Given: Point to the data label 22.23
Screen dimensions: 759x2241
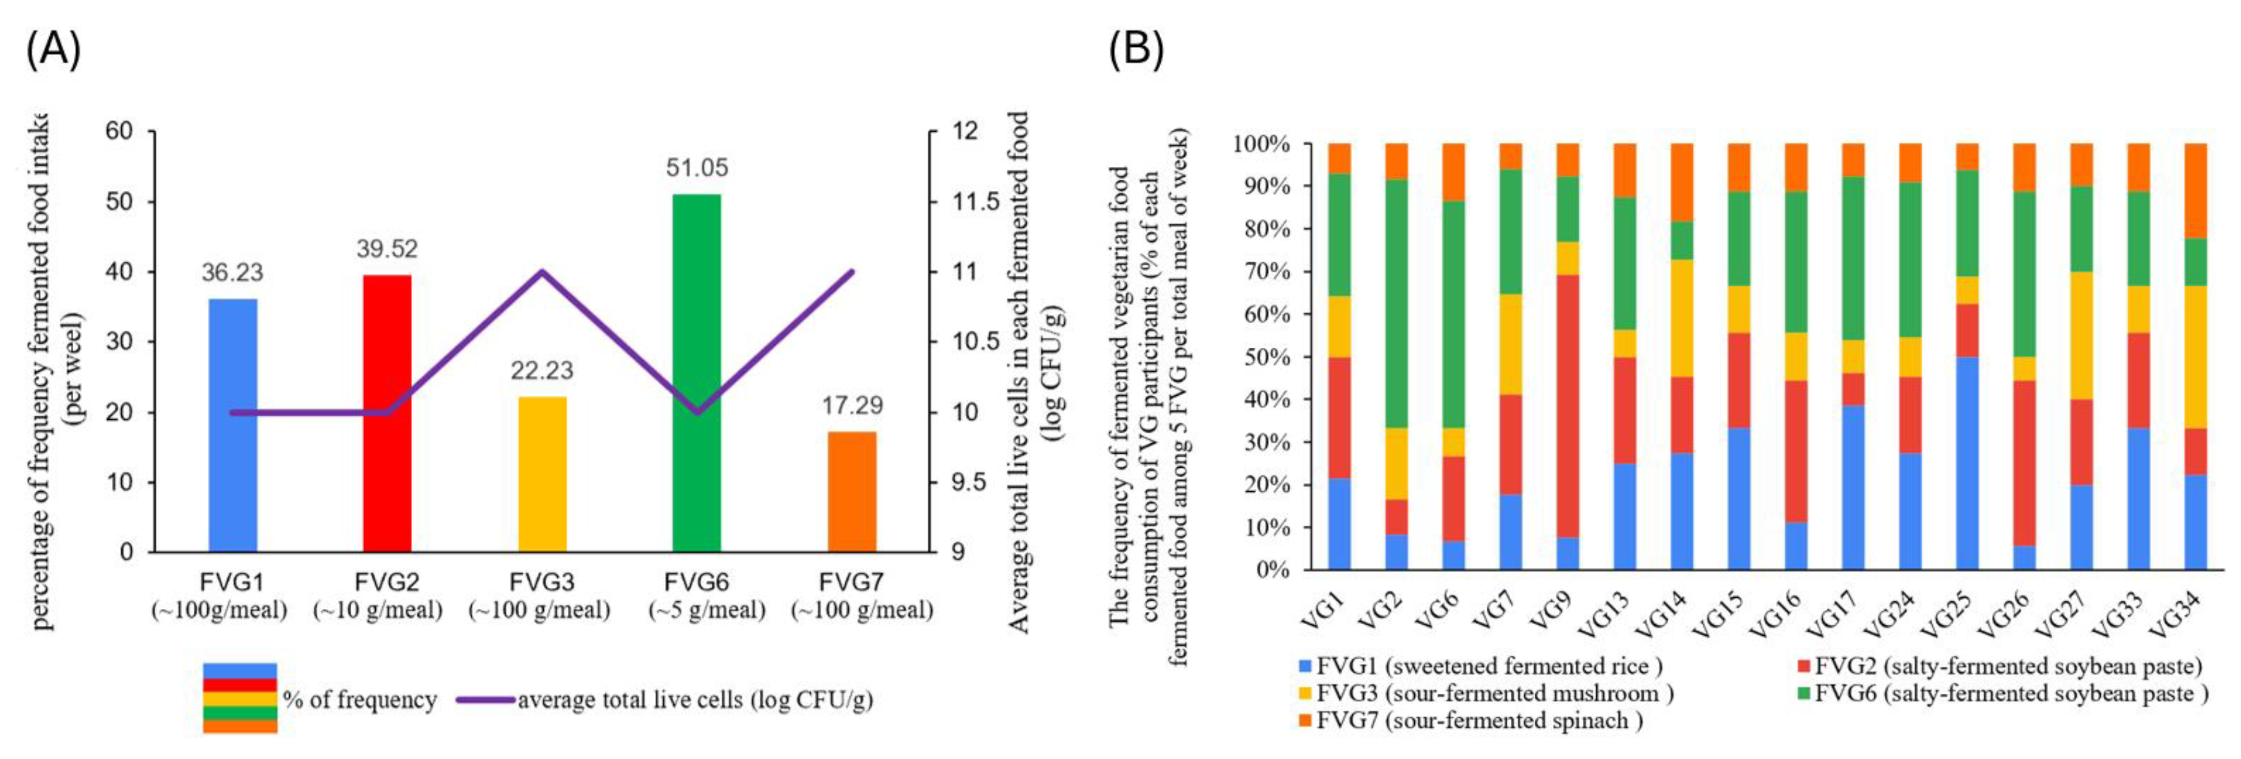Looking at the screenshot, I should click(x=541, y=371).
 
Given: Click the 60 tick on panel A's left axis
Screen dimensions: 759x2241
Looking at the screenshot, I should click(x=119, y=132).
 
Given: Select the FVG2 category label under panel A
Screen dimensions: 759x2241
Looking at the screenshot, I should click(x=386, y=582).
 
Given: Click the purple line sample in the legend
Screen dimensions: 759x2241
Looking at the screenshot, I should click(x=485, y=700).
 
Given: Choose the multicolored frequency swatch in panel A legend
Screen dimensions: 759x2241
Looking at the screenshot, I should click(x=240, y=698).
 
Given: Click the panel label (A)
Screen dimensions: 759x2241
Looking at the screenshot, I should click(x=53, y=50).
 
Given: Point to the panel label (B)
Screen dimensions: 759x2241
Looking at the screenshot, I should click(x=1136, y=50).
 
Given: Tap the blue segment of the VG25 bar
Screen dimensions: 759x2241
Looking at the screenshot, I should click(x=1967, y=463).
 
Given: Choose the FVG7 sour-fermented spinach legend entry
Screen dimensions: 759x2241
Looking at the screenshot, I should click(x=1470, y=721).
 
